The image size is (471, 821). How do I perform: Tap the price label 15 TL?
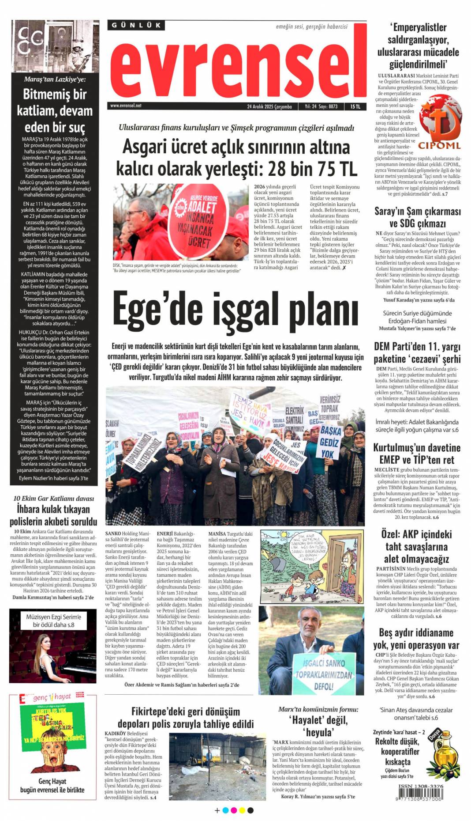355,106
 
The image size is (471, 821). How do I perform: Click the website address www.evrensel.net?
126,106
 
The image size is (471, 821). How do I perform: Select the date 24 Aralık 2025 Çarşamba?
269,106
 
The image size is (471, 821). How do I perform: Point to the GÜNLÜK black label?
136,25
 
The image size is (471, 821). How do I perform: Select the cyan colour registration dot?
225,810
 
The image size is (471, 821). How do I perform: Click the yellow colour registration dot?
242,810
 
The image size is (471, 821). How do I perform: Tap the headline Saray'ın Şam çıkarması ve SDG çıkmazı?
417,217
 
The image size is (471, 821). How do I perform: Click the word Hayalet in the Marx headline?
308,720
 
